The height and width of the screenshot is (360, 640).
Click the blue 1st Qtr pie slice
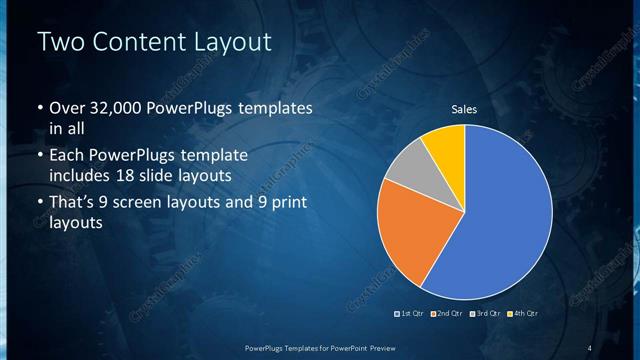tap(500, 220)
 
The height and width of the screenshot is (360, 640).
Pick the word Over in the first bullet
tap(66, 107)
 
